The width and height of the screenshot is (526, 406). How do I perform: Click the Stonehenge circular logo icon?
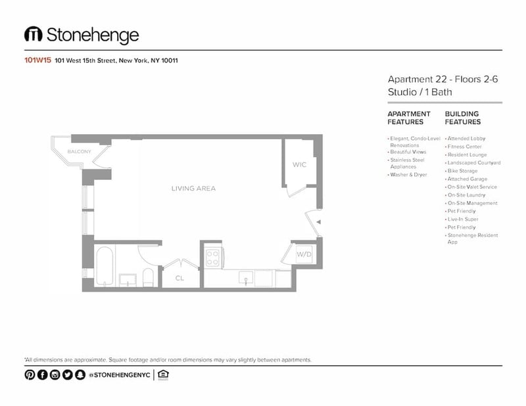point(34,35)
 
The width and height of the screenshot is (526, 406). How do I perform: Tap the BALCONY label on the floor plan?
point(79,152)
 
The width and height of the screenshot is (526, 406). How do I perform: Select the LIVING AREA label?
point(193,189)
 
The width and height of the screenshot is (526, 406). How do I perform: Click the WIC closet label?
point(299,165)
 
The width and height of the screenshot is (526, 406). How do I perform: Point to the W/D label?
point(304,254)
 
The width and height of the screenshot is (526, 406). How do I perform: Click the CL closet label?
point(179,279)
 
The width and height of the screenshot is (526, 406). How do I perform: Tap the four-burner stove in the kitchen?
point(212,258)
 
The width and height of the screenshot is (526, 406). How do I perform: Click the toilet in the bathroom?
point(148,277)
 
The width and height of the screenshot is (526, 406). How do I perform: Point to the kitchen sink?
point(246,278)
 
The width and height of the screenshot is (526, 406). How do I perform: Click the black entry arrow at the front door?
point(319,222)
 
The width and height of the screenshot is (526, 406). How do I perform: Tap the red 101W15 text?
point(37,60)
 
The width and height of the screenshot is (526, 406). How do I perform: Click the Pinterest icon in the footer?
point(30,374)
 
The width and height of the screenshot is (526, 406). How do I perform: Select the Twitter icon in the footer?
point(68,374)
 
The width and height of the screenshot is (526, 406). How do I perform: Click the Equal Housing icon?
point(163,375)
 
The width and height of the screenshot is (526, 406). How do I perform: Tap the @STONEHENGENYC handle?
point(120,375)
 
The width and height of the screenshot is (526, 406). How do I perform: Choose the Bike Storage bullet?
point(462,171)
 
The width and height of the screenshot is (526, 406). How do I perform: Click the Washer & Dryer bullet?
point(407,175)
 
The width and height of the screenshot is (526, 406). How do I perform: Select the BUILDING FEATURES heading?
point(463,118)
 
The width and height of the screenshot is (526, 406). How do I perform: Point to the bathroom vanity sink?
point(128,280)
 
